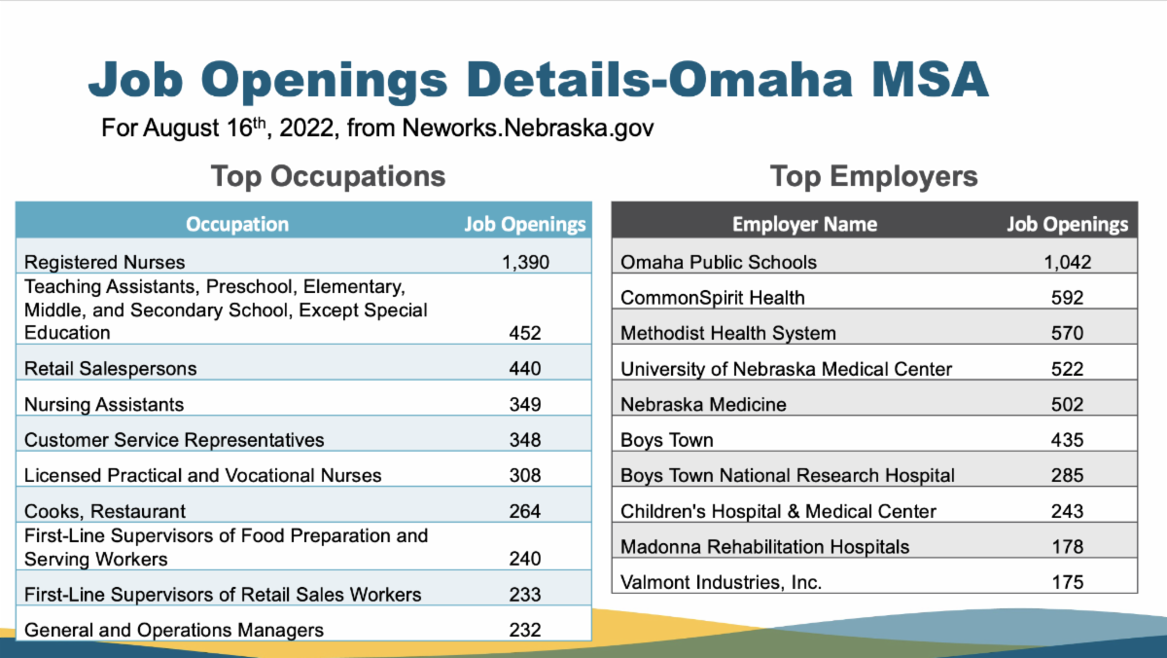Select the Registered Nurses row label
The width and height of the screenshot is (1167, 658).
pos(104,262)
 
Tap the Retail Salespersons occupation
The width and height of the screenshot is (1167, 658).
pos(110,369)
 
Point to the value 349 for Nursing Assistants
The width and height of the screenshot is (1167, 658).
pos(525,404)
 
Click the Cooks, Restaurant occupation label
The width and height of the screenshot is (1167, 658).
pos(105,511)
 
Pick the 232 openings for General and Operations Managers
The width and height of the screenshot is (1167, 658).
pos(525,630)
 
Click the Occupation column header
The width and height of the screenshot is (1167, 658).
pos(237,224)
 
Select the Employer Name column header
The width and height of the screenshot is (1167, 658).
pos(804,225)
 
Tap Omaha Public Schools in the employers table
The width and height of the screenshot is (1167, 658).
pos(719,262)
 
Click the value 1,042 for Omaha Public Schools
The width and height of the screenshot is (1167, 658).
pos(1067,262)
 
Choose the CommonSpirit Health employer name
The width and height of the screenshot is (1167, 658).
pos(713,297)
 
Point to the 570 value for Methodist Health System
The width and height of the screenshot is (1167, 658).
pos(1067,333)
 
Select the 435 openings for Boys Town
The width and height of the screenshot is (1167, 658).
pos(1067,440)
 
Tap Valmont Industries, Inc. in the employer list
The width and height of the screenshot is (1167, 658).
pos(721,582)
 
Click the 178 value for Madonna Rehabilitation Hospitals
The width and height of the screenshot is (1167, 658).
pos(1067,546)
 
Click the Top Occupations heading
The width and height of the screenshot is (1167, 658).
pos(328,176)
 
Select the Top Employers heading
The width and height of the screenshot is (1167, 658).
pos(873,176)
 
